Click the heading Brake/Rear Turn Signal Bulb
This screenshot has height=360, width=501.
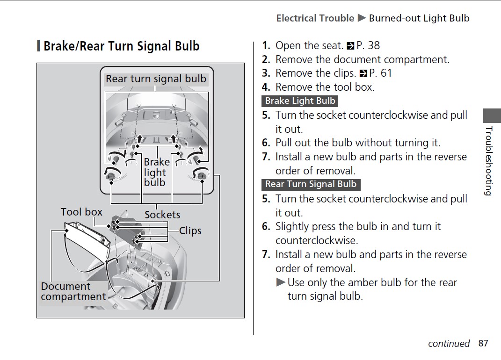point(121,46)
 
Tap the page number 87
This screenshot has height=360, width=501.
point(483,343)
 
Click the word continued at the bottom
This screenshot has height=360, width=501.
point(448,344)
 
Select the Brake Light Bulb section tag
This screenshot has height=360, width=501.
point(300,101)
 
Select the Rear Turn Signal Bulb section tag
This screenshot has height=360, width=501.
point(311,184)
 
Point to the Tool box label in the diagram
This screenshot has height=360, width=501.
point(81,212)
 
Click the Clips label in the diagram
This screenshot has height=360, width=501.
point(190,230)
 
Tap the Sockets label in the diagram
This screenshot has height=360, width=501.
point(162,215)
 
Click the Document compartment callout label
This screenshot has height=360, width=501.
point(73,291)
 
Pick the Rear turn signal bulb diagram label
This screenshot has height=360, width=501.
point(156,79)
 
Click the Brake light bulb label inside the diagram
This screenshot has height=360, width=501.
point(156,172)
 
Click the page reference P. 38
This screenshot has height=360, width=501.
point(368,46)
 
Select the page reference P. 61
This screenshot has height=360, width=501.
point(380,73)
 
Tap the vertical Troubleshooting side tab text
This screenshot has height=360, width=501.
point(488,160)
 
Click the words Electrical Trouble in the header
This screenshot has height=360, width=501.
point(315,18)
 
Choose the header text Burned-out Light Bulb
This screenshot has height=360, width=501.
point(419,18)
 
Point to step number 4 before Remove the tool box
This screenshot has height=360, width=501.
point(266,87)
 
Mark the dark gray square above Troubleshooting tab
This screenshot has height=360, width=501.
point(492,116)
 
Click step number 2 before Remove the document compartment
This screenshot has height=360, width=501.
point(266,60)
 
